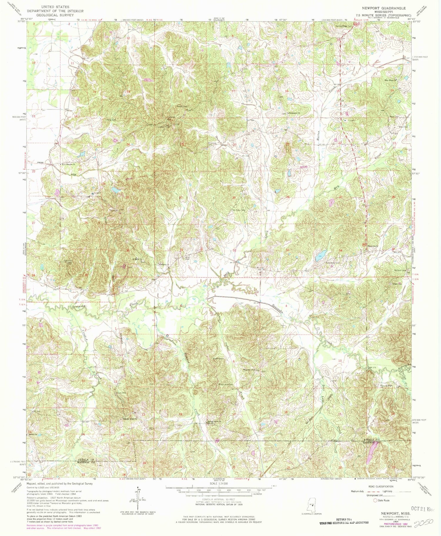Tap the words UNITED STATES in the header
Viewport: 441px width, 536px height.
click(x=55, y=6)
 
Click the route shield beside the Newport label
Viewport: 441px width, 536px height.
click(x=364, y=244)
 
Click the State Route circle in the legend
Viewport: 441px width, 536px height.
click(x=375, y=500)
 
